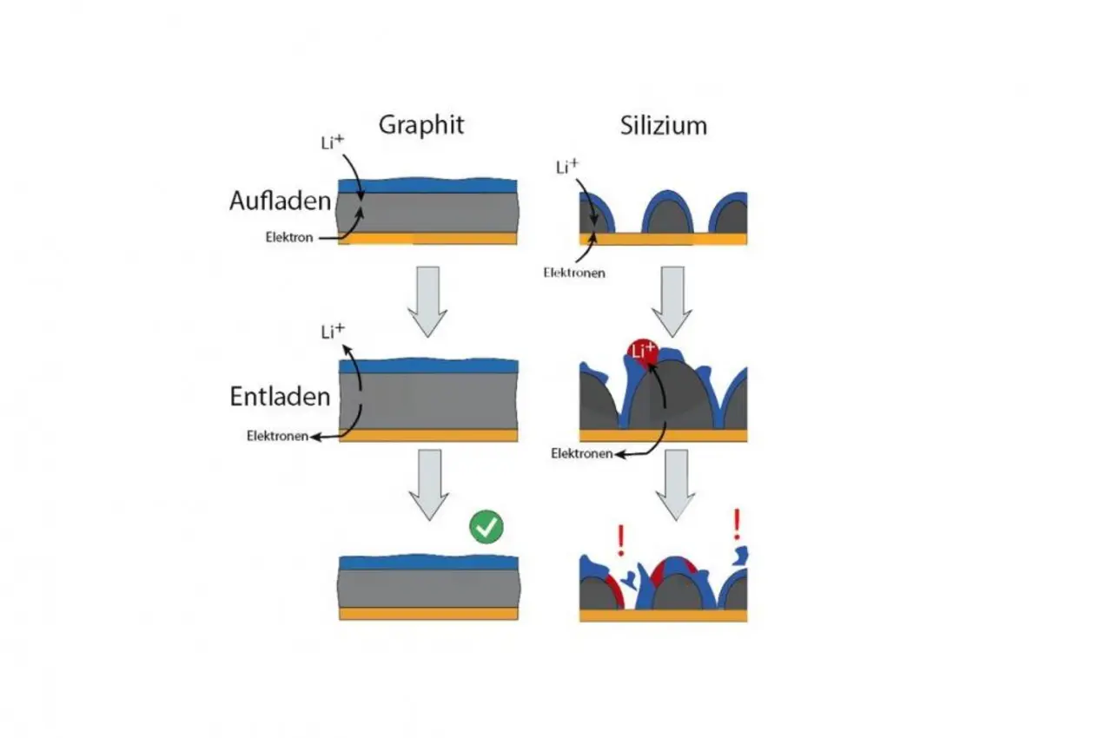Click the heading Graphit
(x=421, y=125)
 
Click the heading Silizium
(x=663, y=126)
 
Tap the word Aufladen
(x=280, y=201)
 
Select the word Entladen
(x=280, y=396)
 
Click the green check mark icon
(x=486, y=527)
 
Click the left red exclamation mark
(x=620, y=541)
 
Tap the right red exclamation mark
(x=738, y=524)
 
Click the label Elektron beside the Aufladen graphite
(x=289, y=237)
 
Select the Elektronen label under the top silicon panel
(x=574, y=273)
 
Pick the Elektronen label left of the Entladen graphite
(x=277, y=436)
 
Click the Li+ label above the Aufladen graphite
(x=332, y=142)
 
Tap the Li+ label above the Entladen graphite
(x=333, y=332)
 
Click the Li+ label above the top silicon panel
(x=567, y=168)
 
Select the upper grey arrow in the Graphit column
(x=427, y=302)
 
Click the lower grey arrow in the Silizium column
(x=676, y=485)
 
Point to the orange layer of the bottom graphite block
(x=429, y=614)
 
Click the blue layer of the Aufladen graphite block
(x=427, y=186)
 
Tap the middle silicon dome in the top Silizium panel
(x=668, y=212)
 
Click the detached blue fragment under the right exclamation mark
(x=742, y=556)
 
